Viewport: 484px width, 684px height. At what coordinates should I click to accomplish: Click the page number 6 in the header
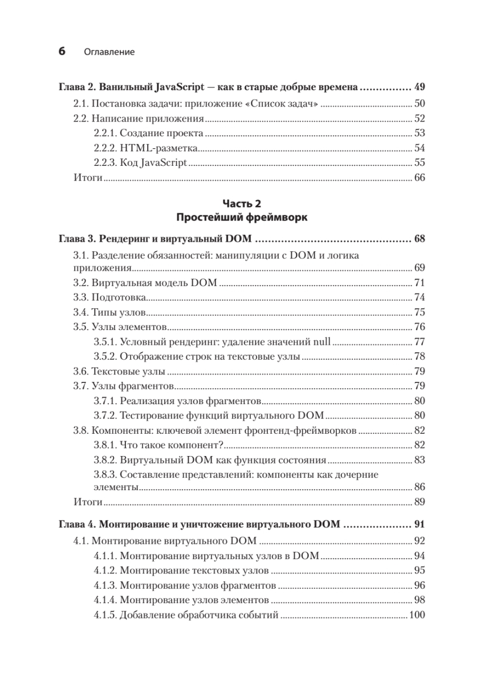[62, 51]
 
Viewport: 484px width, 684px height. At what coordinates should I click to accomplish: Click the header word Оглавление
[109, 52]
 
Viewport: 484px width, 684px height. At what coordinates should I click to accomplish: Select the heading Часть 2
[242, 203]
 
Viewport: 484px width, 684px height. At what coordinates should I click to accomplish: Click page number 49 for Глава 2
[420, 88]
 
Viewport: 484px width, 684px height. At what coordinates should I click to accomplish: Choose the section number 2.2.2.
[105, 148]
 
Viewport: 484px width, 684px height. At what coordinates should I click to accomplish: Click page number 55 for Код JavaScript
[420, 163]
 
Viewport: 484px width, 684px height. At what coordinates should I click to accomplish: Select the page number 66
[420, 178]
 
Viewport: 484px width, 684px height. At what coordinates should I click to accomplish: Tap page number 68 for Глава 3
[420, 238]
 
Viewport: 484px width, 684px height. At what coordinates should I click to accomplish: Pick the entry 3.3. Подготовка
[111, 298]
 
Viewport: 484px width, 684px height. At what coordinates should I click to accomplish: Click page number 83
[420, 461]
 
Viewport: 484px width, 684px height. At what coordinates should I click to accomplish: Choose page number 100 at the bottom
[417, 615]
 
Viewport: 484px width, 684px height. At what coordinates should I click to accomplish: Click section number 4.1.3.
[105, 585]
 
